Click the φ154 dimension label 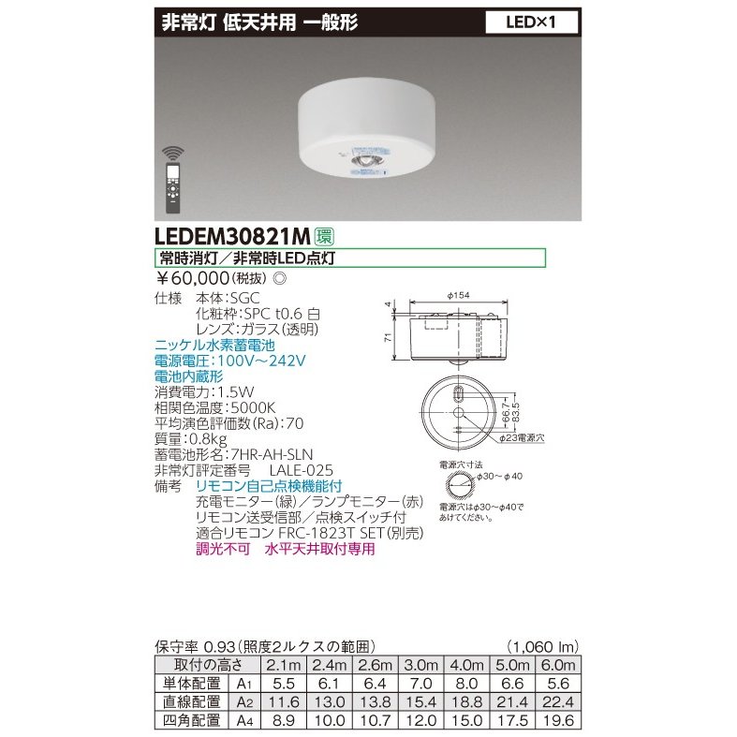pos(458,296)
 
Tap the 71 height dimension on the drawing pos(388,337)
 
